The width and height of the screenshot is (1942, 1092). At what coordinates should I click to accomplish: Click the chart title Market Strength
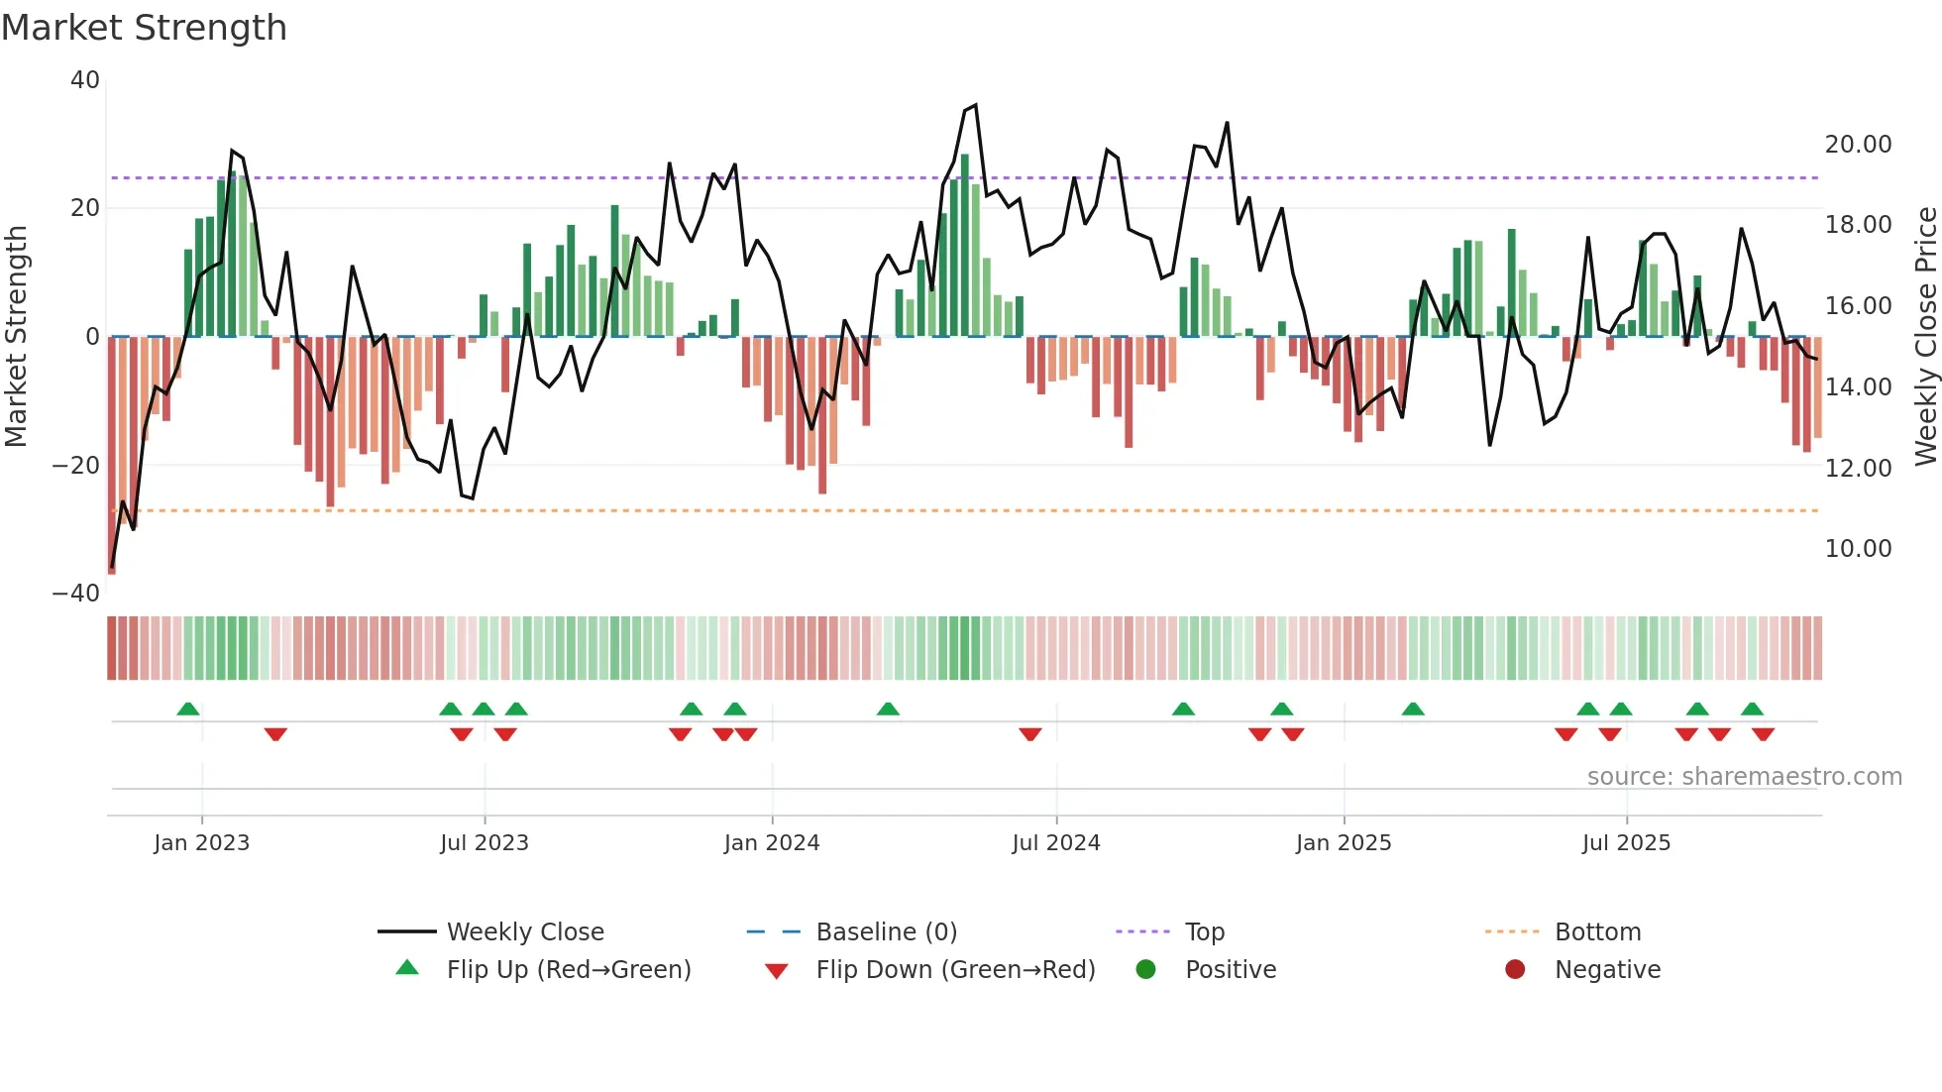pos(144,28)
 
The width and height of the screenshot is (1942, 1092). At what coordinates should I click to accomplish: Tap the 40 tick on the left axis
pos(85,80)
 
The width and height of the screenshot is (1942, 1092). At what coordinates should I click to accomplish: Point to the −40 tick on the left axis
pos(76,594)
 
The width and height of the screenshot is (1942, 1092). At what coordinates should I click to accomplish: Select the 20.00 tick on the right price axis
pos(1858,145)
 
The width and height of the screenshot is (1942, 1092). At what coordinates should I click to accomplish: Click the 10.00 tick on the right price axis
pos(1858,549)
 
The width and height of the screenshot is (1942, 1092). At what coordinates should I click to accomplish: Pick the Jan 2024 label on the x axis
pos(771,843)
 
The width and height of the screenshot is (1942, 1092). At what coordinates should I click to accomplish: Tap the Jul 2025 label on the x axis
pos(1625,843)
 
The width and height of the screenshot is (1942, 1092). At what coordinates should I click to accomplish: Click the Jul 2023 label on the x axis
pos(484,843)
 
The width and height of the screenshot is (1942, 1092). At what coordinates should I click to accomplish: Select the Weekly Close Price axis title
pos(1924,337)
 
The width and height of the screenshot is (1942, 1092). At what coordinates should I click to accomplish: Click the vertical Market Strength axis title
pos(17,337)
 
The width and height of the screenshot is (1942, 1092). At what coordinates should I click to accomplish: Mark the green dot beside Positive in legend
pos(1145,970)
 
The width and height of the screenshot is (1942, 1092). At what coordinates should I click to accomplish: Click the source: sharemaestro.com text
pos(1744,777)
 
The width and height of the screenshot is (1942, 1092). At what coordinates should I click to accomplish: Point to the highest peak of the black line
pos(975,105)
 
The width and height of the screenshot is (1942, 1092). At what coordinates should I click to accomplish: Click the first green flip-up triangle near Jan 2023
pos(188,709)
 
